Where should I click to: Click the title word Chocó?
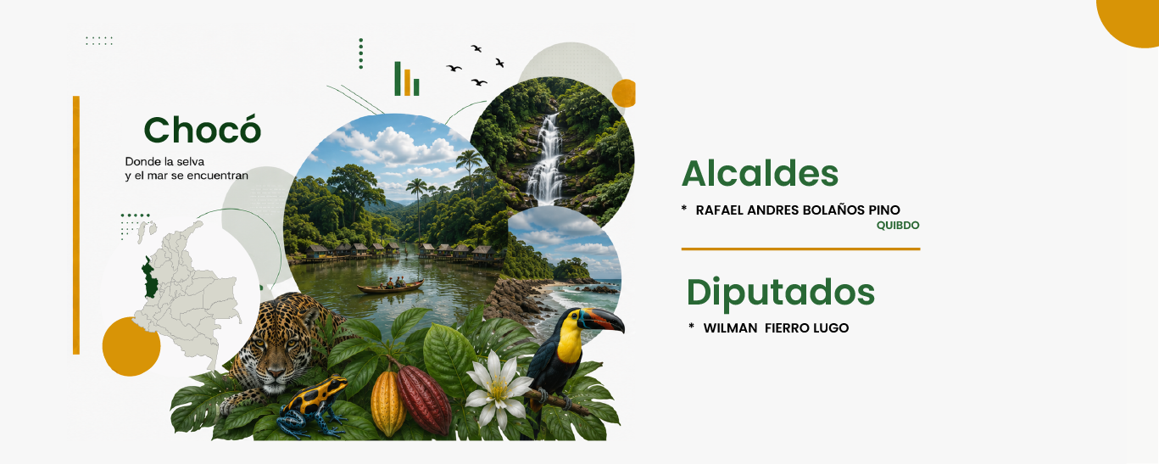pyautogui.click(x=203, y=129)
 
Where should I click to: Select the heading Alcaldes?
pyautogui.click(x=760, y=174)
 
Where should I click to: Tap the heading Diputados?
pyautogui.click(x=781, y=293)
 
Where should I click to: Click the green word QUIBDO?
pyautogui.click(x=898, y=226)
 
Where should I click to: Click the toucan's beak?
pyautogui.click(x=602, y=320)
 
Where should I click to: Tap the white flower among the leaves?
pyautogui.click(x=497, y=388)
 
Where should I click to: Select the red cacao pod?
pyautogui.click(x=423, y=399)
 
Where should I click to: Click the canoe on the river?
pyautogui.click(x=390, y=287)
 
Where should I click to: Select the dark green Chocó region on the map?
pyautogui.click(x=149, y=277)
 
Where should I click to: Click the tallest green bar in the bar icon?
pyautogui.click(x=398, y=79)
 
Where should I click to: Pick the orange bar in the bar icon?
pyautogui.click(x=407, y=83)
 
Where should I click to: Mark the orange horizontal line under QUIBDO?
pyautogui.click(x=800, y=249)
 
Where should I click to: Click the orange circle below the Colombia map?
pyautogui.click(x=131, y=346)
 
